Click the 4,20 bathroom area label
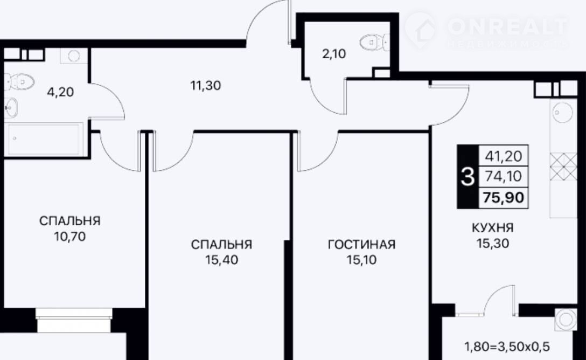(60, 92)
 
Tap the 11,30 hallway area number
(206, 86)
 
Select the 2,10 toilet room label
(334, 54)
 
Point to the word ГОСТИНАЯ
(361, 245)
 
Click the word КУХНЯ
(493, 227)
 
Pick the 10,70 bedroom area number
(70, 237)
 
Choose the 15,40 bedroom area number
(221, 260)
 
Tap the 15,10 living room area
(361, 260)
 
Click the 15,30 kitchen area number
(493, 244)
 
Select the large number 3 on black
(468, 176)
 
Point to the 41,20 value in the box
(504, 156)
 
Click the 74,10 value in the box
(504, 176)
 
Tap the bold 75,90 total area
(504, 197)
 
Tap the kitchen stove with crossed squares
(563, 167)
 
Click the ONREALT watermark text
(507, 26)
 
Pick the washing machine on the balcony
(565, 319)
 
